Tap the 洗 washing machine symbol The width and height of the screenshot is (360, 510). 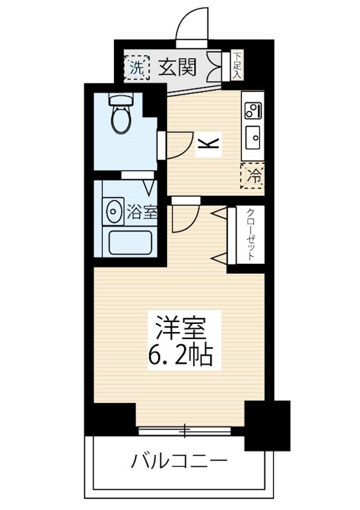[x=135, y=66]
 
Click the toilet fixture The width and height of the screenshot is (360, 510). [x=119, y=115]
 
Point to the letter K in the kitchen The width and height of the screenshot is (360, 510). [x=208, y=144]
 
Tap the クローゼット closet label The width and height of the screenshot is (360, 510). [x=251, y=233]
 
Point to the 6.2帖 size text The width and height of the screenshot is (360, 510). [x=180, y=354]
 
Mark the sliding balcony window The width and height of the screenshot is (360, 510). [x=185, y=431]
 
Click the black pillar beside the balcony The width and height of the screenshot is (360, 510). [x=266, y=425]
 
